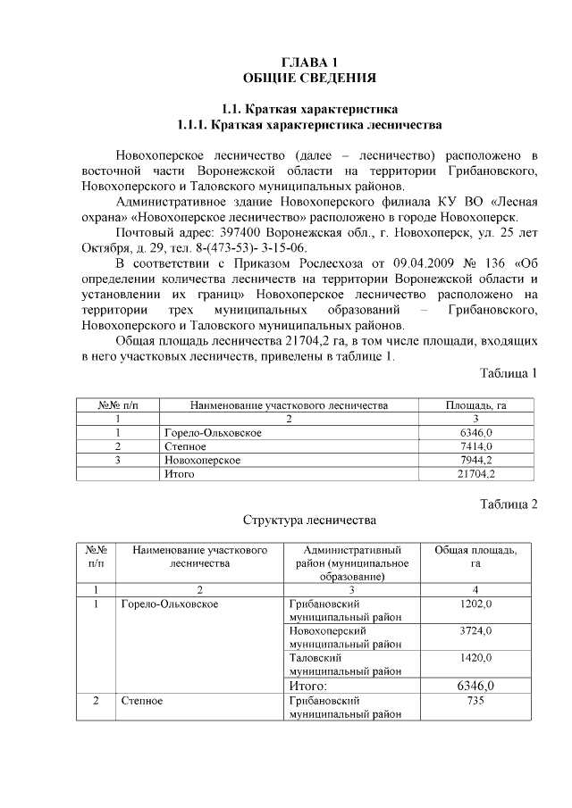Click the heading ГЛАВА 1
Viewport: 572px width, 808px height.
click(x=309, y=62)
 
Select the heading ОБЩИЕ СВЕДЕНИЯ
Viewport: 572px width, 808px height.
click(x=309, y=78)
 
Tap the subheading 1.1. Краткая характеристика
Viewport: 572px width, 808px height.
click(x=309, y=109)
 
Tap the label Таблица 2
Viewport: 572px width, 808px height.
click(x=509, y=504)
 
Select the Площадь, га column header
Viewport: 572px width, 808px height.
click(x=475, y=405)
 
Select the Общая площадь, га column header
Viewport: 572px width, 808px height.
click(x=475, y=557)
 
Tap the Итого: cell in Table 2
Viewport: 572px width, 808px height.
click(x=308, y=686)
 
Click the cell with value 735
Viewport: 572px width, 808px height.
click(x=475, y=702)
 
